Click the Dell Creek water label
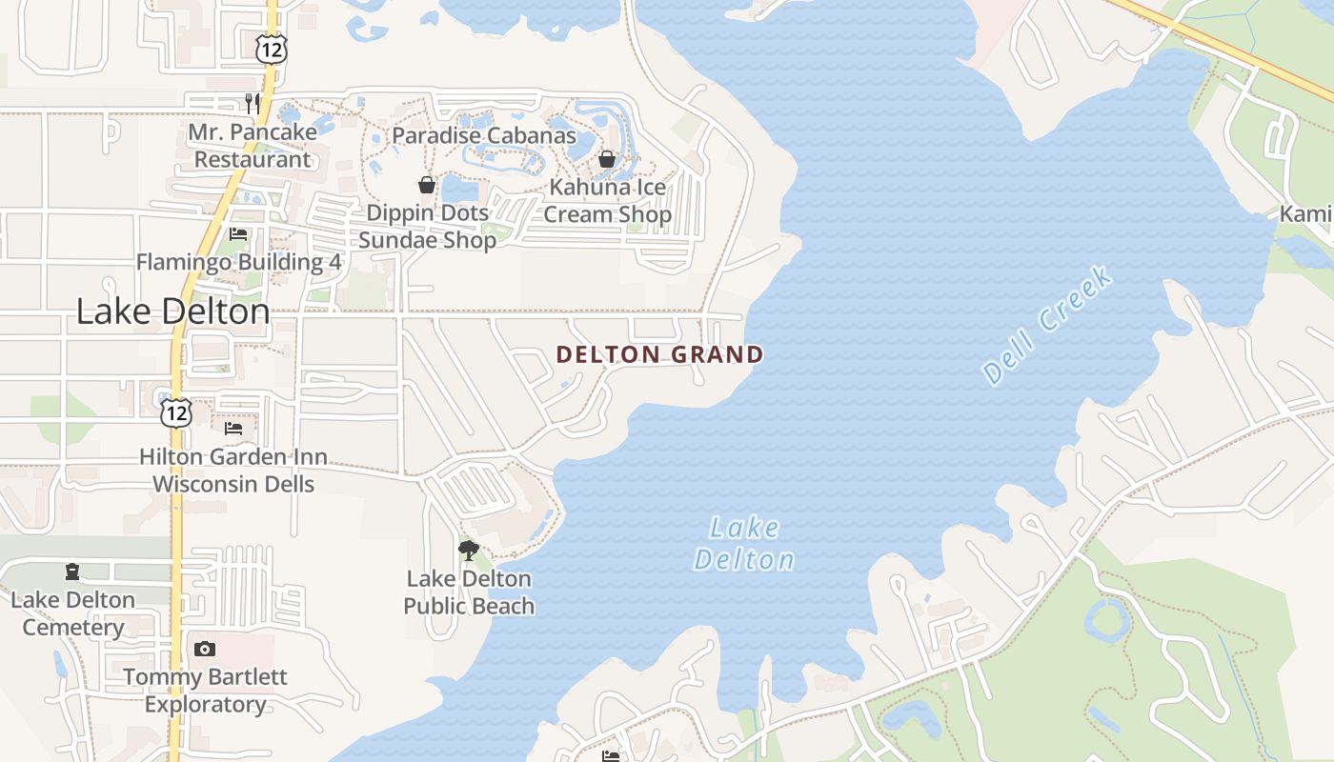tap(1047, 326)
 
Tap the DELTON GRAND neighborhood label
tap(659, 355)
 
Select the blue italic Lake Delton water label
tap(744, 544)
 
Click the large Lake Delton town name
tap(172, 311)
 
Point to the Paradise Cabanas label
tap(484, 135)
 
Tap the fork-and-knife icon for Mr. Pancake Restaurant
tap(253, 103)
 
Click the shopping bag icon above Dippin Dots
tap(427, 185)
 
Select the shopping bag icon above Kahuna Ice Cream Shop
tap(607, 159)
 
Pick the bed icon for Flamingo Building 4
tap(238, 234)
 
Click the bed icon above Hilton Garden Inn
tap(233, 429)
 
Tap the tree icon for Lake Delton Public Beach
tap(468, 550)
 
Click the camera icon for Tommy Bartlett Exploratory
tap(204, 650)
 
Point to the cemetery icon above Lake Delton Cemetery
tap(72, 571)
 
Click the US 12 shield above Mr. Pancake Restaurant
tap(271, 50)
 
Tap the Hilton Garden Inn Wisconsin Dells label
tap(233, 471)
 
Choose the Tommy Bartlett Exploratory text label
tap(205, 691)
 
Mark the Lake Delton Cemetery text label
tap(73, 613)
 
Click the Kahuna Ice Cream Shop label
tap(607, 201)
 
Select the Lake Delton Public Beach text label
tap(469, 592)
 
